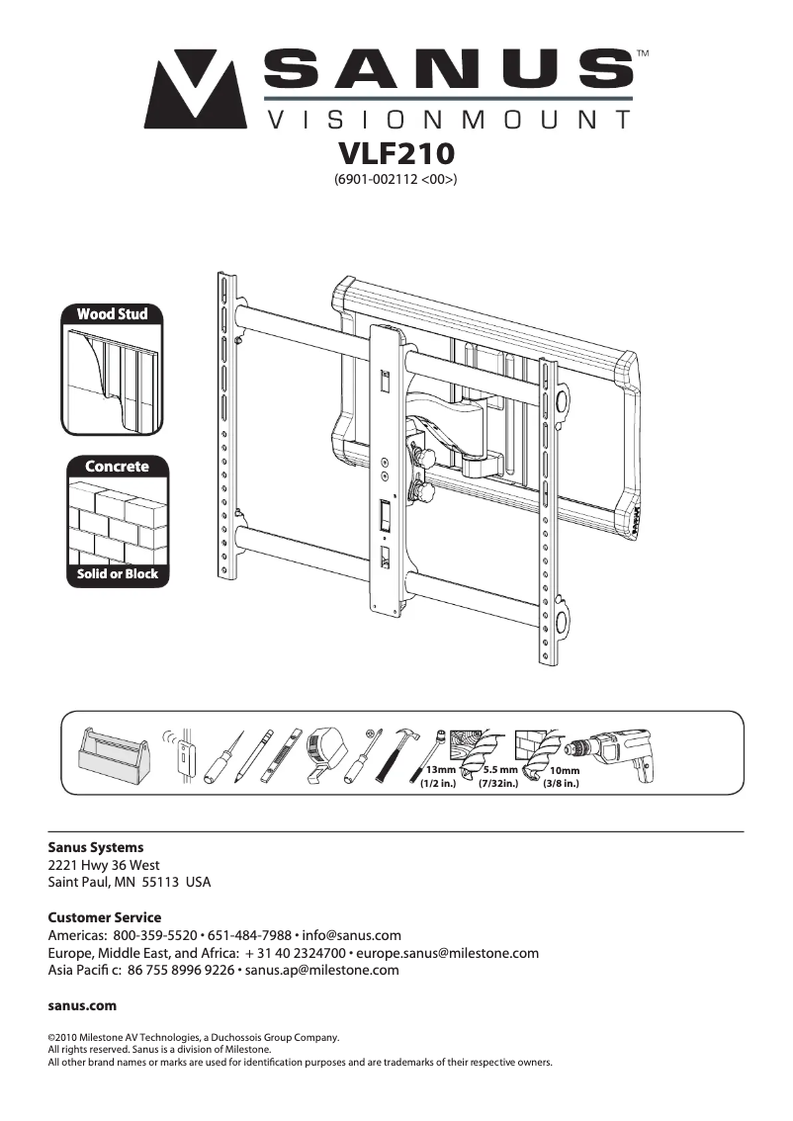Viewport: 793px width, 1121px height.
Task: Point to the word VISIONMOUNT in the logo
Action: coord(448,121)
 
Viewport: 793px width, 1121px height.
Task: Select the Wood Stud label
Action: coord(113,314)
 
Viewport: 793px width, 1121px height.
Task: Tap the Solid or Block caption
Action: coord(117,573)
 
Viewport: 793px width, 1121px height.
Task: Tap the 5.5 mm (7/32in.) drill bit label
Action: coord(499,777)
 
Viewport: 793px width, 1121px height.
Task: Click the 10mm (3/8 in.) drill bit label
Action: coord(563,777)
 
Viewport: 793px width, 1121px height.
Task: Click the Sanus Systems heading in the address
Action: coord(96,847)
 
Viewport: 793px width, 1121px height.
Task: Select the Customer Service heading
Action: coord(104,917)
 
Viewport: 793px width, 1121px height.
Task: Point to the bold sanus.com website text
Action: coord(82,1005)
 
